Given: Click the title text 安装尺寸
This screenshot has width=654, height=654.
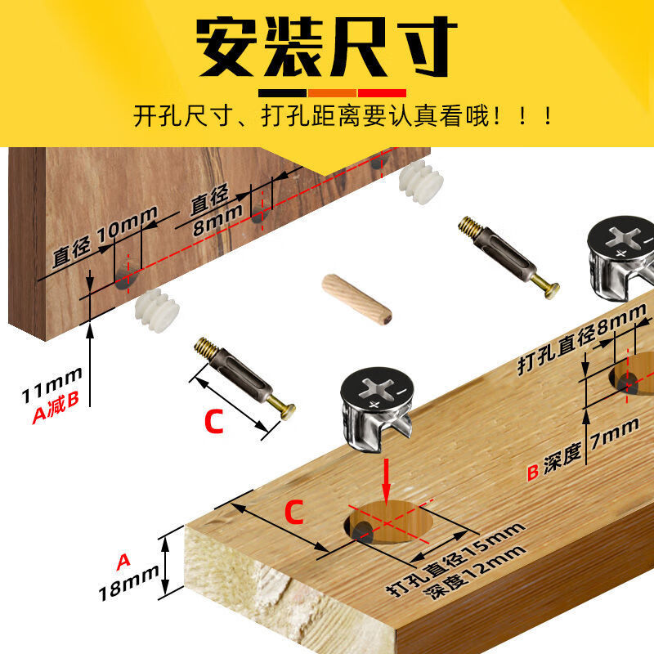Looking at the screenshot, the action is point(326,47).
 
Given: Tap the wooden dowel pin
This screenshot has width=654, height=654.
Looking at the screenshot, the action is point(356,299).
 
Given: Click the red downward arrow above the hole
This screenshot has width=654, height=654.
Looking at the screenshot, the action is point(387,482).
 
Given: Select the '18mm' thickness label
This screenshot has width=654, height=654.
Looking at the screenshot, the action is point(128,582).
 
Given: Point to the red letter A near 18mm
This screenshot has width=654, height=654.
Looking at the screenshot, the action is point(123,562).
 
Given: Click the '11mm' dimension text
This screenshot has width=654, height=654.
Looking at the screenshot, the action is point(52,385).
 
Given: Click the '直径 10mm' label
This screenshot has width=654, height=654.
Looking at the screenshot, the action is point(105,236).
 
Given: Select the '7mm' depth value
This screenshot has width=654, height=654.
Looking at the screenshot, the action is point(615,434).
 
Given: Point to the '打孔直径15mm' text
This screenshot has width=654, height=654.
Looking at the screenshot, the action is point(455,559).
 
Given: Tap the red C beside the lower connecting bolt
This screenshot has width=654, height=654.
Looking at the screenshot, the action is point(214,422).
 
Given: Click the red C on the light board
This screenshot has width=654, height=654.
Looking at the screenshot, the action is point(293,512).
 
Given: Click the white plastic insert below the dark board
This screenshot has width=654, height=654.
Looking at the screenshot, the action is point(157,310).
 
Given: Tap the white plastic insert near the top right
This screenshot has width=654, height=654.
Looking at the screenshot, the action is point(421,181).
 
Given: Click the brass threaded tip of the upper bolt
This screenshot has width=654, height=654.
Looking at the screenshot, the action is point(470,226).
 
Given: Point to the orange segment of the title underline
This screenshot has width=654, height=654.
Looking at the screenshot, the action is point(332,93).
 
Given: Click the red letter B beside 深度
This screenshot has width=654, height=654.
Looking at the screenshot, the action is point(533,473).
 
